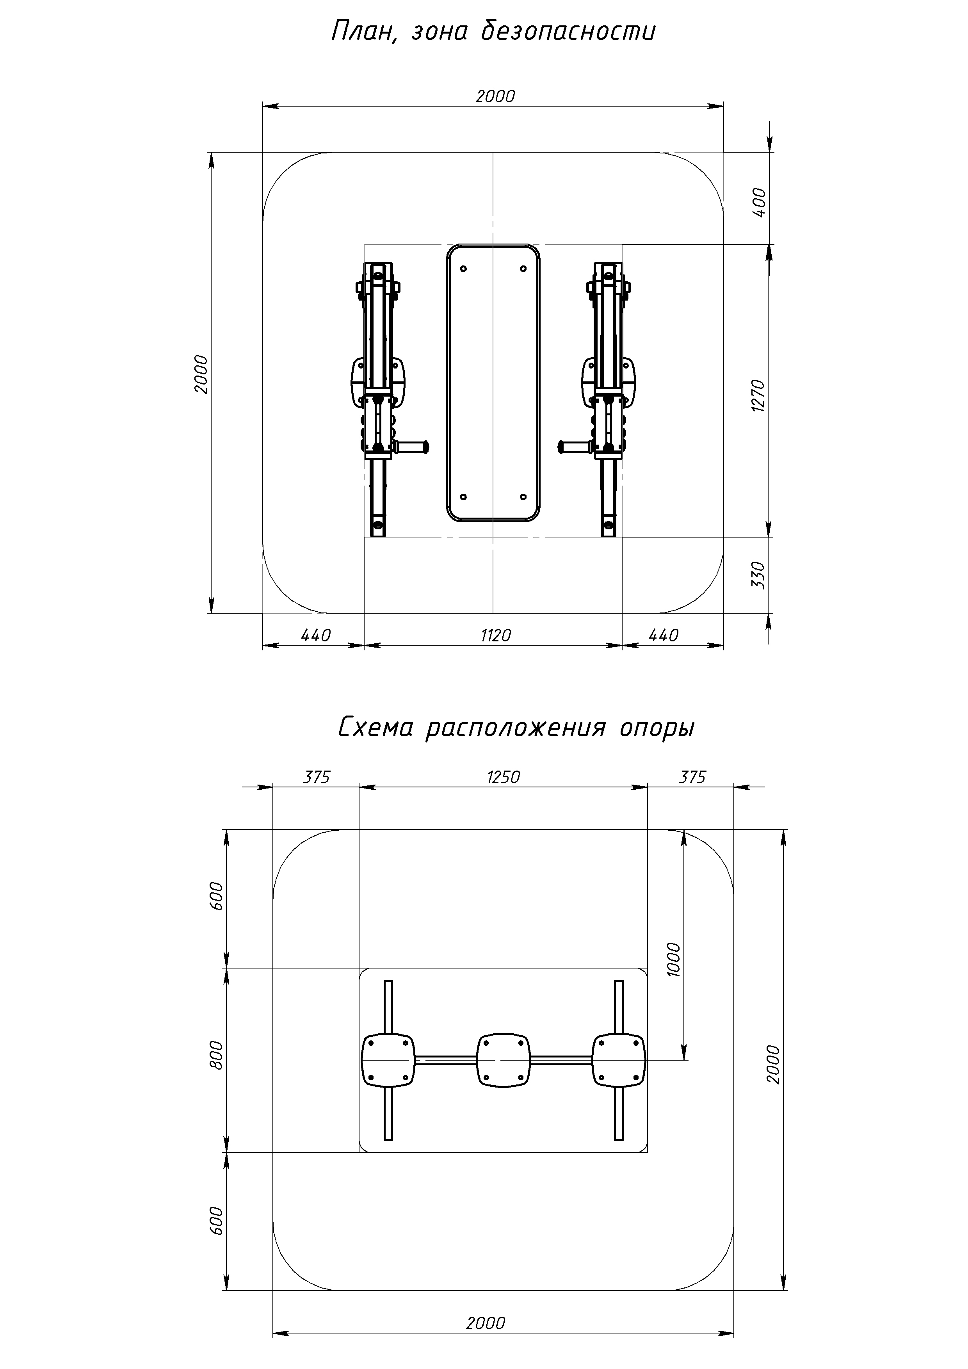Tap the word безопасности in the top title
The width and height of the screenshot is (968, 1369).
coord(568,31)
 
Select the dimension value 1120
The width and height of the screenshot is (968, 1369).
coord(496,636)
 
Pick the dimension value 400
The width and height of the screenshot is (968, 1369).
coord(759,202)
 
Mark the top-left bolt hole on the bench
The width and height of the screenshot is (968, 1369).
coord(464,269)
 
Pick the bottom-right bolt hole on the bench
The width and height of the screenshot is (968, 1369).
coord(523,497)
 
